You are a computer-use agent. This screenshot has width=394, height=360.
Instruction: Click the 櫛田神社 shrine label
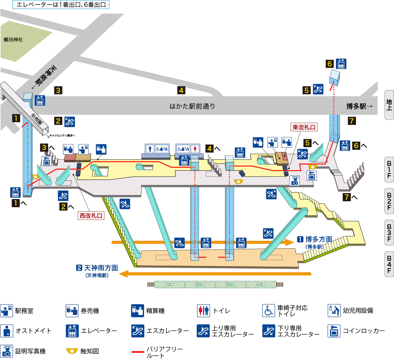[13, 40]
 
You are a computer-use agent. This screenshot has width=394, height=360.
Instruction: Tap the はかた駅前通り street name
[192, 106]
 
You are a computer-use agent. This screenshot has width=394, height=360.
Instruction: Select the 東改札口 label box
[304, 127]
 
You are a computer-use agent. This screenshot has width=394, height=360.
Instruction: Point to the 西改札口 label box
[91, 215]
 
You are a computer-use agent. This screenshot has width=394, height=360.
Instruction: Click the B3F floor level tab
[389, 233]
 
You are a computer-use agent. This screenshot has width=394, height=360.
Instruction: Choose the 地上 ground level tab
[389, 105]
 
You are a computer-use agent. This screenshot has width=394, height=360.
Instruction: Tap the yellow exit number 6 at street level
[330, 64]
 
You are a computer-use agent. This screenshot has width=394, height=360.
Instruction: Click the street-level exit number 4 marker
[181, 90]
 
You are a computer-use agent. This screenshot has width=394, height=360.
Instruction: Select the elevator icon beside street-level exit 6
[341, 64]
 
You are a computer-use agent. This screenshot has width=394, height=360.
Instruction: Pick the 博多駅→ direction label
[360, 106]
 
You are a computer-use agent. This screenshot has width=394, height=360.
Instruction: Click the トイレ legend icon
[204, 310]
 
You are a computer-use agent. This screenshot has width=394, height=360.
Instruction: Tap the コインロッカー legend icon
[334, 331]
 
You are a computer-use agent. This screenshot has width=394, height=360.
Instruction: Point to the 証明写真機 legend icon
[7, 351]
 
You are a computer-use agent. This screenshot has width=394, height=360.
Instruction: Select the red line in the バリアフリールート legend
[138, 352]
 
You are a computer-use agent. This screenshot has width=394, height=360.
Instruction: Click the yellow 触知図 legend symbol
[72, 351]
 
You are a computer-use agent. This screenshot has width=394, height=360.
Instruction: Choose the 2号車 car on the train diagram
[200, 284]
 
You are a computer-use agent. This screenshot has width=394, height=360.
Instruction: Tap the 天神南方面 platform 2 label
[98, 268]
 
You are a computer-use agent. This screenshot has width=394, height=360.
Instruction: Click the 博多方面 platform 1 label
[315, 239]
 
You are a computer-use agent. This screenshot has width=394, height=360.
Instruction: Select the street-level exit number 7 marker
[352, 121]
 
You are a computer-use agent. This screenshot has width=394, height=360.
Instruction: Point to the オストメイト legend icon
[7, 331]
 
